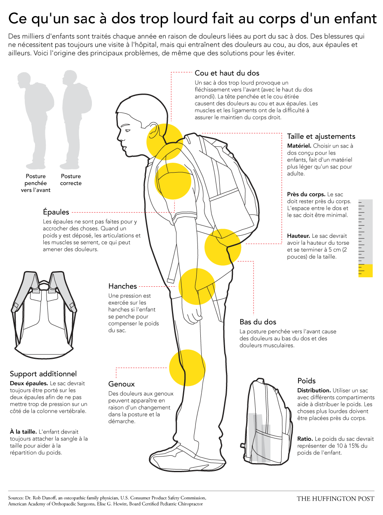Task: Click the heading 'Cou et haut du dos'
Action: (x=227, y=73)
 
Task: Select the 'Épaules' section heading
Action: (x=56, y=212)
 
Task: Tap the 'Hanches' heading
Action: (x=122, y=286)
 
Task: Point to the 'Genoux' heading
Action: (x=122, y=384)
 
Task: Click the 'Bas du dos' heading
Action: (x=258, y=322)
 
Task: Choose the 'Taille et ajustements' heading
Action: (x=321, y=136)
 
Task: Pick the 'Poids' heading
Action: (x=306, y=381)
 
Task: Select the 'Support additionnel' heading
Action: (x=43, y=374)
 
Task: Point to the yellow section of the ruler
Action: (x=365, y=270)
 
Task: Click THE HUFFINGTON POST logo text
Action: (x=335, y=499)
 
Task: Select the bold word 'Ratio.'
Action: (x=305, y=439)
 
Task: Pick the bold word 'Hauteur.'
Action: (x=298, y=236)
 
